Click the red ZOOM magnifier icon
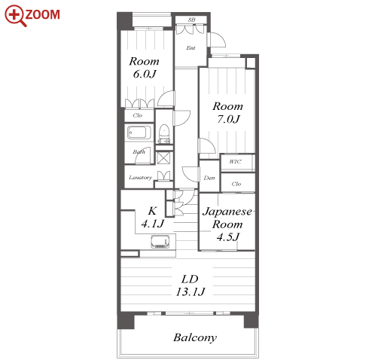[14, 15]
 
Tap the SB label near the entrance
[191, 20]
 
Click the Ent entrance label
[191, 47]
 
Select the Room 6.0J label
[144, 68]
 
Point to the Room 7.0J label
[228, 113]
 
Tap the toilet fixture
[164, 131]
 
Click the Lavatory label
[140, 178]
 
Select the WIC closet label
[235, 161]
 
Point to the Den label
[209, 178]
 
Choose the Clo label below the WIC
[236, 184]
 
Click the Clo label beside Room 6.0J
[138, 115]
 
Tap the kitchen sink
[160, 242]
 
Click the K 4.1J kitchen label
[153, 217]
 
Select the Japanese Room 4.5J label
[227, 224]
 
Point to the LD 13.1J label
[191, 285]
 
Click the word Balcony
[195, 337]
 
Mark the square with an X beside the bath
[163, 158]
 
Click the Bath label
[139, 151]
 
